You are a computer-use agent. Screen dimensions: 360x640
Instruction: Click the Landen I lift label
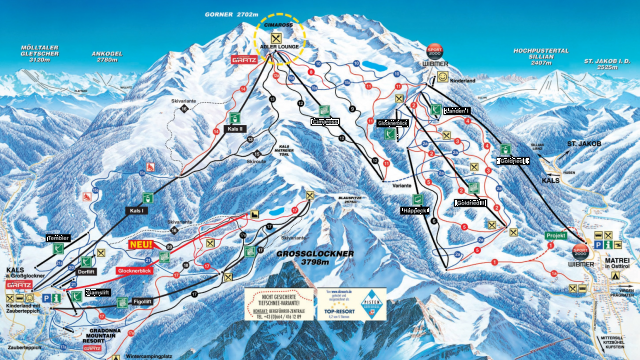[456, 110]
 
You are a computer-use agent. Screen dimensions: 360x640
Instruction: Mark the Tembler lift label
[56, 238]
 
